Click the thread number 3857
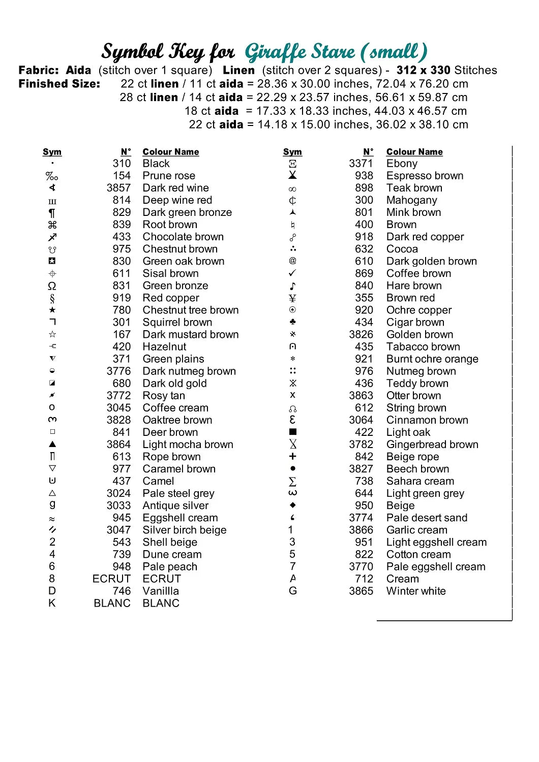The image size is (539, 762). click(x=118, y=188)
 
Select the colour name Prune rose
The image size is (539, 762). click(x=169, y=176)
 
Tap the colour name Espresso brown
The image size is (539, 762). click(x=425, y=176)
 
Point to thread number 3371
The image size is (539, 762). click(x=361, y=164)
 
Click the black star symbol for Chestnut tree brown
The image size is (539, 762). click(x=52, y=310)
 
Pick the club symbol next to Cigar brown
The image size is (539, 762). click(x=292, y=322)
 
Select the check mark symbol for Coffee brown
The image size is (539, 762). click(x=292, y=273)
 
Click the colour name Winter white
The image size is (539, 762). click(x=416, y=591)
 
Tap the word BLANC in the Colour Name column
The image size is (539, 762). click(x=161, y=604)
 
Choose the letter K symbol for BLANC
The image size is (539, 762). click(x=52, y=604)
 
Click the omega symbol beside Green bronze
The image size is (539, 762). click(x=52, y=286)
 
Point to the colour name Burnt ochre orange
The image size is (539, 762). click(x=432, y=359)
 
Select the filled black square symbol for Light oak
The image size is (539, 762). click(x=292, y=432)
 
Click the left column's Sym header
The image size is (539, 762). click(x=52, y=152)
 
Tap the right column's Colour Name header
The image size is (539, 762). click(x=414, y=152)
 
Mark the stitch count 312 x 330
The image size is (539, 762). click(x=423, y=70)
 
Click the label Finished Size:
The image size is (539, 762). click(x=59, y=84)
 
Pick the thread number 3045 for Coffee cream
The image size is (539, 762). click(x=118, y=408)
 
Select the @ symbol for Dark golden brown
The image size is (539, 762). click(x=292, y=261)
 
